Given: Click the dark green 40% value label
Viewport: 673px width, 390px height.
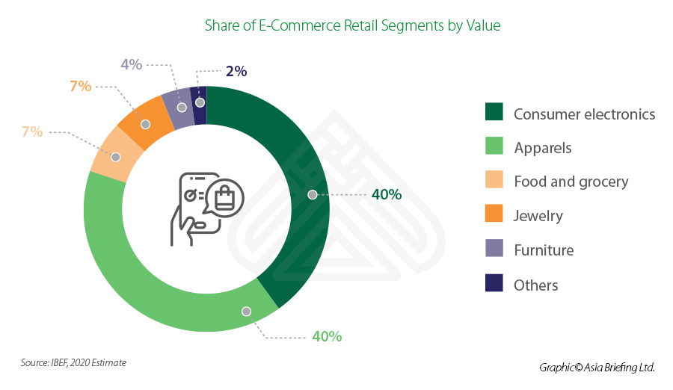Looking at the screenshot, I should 387,194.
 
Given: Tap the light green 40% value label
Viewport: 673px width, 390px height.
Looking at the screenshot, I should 327,336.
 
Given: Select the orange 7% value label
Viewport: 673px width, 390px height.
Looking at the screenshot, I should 80,87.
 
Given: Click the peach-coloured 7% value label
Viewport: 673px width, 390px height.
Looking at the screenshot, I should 32,132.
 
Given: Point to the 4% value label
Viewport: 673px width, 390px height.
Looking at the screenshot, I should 131,65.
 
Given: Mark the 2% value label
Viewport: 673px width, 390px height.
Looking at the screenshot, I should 236,72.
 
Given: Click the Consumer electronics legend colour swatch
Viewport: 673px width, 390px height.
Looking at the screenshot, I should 494,113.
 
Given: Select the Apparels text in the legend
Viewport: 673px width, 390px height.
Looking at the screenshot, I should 542,147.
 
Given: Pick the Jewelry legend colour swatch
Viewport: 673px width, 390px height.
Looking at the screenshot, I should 494,215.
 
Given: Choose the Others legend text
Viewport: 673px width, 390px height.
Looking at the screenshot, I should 535,285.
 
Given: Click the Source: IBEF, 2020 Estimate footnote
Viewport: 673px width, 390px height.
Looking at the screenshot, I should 73,362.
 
